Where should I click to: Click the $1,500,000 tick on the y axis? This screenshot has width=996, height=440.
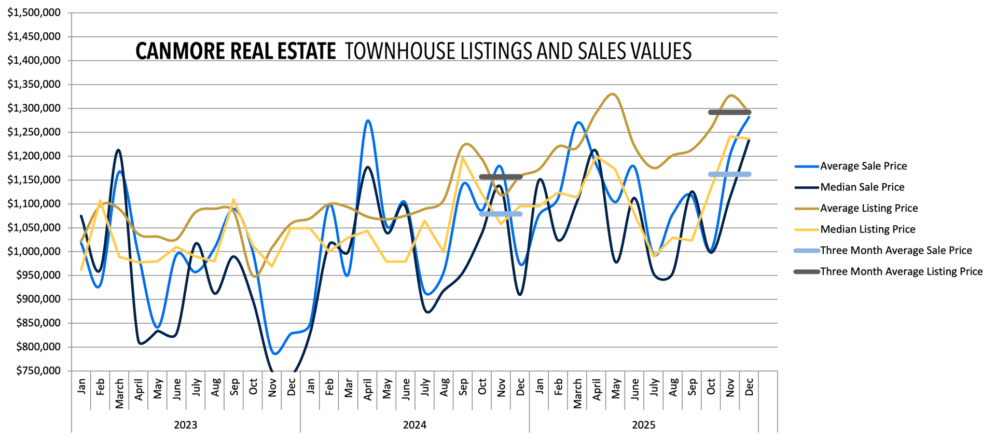[34, 12]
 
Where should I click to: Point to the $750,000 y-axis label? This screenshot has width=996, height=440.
[38, 370]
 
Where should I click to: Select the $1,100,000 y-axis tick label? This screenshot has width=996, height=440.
[34, 203]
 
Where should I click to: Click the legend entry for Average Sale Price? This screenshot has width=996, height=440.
[863, 166]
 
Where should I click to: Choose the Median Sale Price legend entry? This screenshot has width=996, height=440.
[862, 187]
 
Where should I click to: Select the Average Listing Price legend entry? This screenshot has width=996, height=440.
[869, 208]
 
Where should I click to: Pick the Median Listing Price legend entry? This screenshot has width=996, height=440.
[867, 229]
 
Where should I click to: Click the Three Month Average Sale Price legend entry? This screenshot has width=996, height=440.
[896, 251]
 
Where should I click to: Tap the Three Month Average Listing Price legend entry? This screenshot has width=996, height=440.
[901, 271]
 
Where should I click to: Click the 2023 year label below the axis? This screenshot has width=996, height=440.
[185, 425]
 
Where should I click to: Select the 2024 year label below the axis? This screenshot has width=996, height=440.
[414, 425]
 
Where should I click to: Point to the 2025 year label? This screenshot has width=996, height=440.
[643, 425]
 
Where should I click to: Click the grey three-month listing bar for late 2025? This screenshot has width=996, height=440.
[729, 112]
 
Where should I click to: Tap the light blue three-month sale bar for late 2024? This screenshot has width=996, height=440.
[501, 214]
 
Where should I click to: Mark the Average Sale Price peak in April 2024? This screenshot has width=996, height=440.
[368, 121]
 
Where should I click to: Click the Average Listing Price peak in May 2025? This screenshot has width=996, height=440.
[614, 94]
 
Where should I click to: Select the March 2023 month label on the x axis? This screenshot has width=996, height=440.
[119, 393]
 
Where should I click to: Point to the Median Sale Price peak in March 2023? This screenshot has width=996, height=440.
[119, 150]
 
